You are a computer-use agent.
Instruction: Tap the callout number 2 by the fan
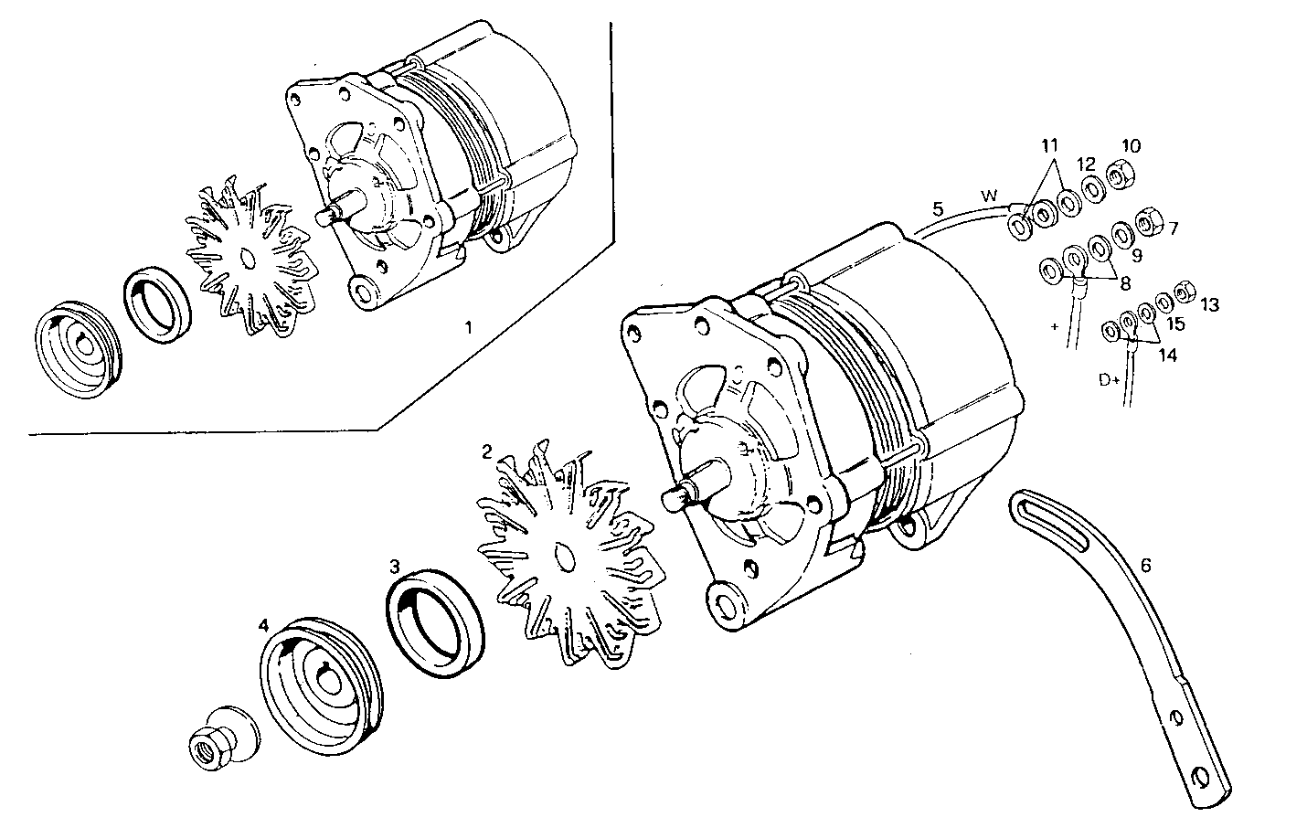coord(487,451)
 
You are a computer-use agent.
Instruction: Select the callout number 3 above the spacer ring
coord(395,567)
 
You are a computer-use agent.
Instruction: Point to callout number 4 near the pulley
coord(264,626)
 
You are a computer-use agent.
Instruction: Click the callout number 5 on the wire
coord(937,209)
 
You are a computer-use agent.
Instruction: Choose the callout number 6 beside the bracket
coord(1145,566)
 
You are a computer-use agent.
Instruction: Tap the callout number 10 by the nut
coord(1132,146)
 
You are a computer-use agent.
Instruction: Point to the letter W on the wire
coord(988,196)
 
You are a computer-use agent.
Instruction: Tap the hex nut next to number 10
coord(1116,171)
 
